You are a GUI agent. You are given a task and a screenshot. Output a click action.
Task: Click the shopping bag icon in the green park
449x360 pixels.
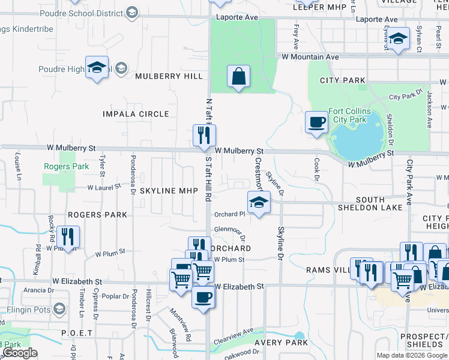coord(238,77)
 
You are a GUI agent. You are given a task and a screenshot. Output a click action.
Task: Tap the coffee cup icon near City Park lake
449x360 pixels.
coord(316,122)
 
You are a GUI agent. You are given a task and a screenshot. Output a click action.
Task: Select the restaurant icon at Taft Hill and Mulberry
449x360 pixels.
coord(204,136)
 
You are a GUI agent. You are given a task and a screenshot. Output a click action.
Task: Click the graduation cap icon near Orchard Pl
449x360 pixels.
coord(259,203)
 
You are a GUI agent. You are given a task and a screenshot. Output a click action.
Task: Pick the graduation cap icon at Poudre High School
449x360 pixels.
coord(96,68)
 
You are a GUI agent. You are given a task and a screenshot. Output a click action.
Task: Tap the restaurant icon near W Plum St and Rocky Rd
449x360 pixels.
coord(68,237)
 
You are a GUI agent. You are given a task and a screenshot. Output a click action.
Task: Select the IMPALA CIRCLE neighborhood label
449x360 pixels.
coord(136,114)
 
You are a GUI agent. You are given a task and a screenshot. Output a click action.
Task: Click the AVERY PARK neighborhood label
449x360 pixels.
coord(281,343)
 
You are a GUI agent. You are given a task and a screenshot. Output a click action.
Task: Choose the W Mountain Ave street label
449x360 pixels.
coord(312,57)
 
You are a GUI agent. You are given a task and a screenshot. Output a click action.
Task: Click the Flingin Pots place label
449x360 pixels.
coord(27,310)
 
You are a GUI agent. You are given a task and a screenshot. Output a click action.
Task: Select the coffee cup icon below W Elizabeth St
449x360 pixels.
coord(203,298)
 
